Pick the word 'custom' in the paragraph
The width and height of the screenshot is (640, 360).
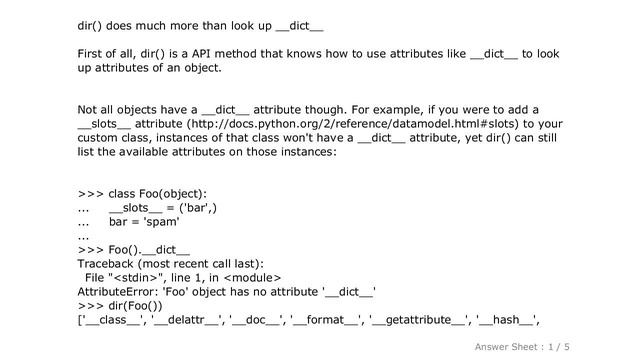coord(101,139)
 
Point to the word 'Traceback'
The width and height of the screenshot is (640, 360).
coord(111,264)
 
